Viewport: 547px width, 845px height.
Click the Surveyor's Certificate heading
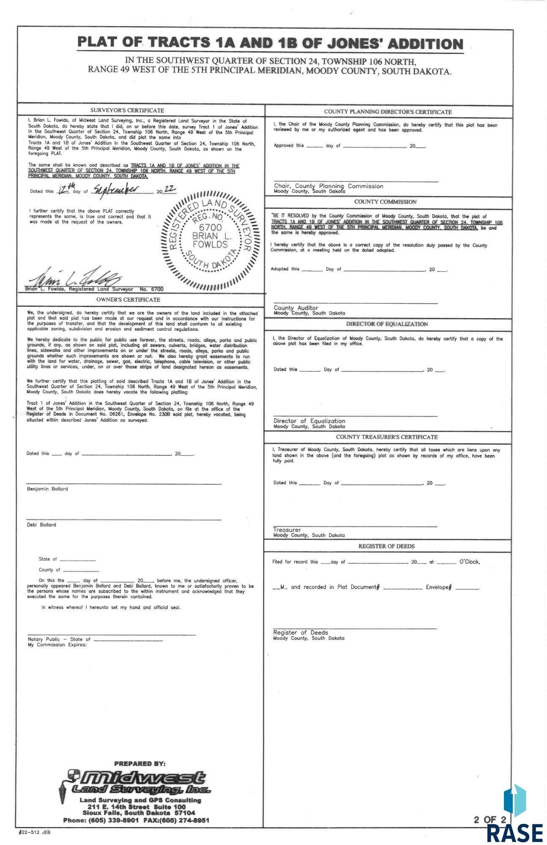tap(127, 110)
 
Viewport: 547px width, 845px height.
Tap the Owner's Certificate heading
tap(128, 300)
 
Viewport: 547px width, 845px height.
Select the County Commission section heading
tap(385, 202)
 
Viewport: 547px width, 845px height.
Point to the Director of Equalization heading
tap(387, 324)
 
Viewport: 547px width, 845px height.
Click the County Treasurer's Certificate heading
tap(387, 437)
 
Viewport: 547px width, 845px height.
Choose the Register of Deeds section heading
tap(386, 546)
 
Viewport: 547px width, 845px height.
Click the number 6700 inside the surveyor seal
tap(210, 227)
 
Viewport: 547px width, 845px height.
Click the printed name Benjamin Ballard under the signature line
tap(47, 489)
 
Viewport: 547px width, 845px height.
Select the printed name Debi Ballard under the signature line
tap(41, 525)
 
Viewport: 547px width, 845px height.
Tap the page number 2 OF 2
tap(490, 820)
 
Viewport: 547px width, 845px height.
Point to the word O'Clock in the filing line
tap(469, 562)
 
